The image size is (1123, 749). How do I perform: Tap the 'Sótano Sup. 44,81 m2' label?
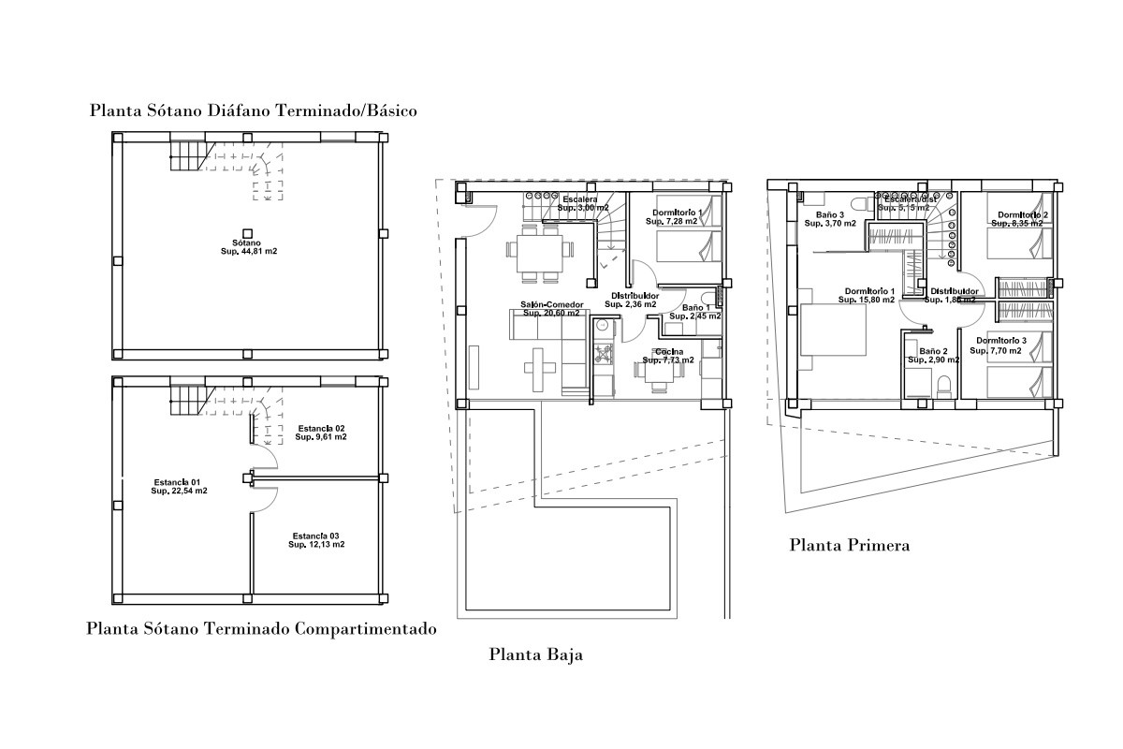(248, 246)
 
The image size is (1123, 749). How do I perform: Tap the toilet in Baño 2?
(944, 385)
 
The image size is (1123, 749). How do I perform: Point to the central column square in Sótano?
(248, 232)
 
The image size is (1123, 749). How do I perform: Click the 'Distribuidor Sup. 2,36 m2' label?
(631, 300)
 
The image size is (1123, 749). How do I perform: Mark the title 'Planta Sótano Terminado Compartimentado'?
(261, 629)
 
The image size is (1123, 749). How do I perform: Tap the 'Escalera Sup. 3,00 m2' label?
(582, 203)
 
